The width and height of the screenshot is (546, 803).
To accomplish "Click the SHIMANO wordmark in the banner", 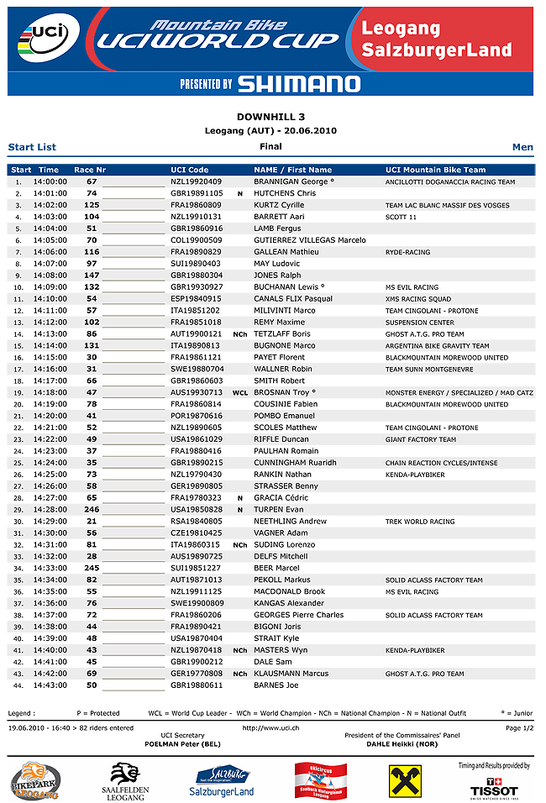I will click(298, 83).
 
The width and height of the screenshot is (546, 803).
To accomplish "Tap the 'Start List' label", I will click(32, 147).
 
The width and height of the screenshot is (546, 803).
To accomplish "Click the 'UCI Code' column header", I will click(189, 170).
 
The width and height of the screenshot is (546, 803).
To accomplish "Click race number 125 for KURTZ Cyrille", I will click(92, 205).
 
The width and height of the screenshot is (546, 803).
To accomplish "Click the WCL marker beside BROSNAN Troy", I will click(240, 392).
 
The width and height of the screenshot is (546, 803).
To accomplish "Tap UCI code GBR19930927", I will click(196, 287).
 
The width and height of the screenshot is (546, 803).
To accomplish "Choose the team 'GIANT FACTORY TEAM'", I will click(421, 439).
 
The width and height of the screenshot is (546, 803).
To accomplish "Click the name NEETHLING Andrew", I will click(290, 522).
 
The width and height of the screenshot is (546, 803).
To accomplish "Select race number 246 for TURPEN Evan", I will click(92, 510).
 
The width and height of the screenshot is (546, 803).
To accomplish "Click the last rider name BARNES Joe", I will click(276, 685).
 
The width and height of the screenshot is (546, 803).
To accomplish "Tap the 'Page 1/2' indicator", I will click(520, 727).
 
